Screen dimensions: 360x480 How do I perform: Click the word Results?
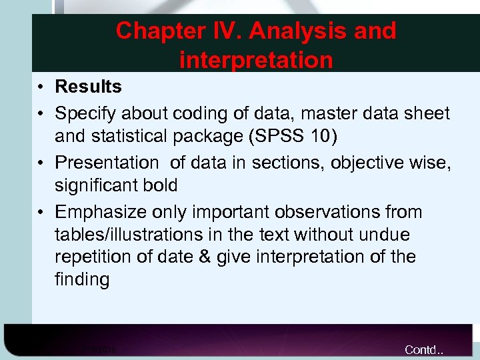pos(88,87)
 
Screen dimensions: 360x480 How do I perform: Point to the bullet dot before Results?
pos(41,87)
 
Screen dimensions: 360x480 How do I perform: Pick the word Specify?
pos(85,114)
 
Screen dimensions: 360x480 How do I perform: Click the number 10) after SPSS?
pos(327,136)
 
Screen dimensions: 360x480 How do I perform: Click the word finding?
pos(82,279)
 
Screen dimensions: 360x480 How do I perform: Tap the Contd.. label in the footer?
pos(425,350)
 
